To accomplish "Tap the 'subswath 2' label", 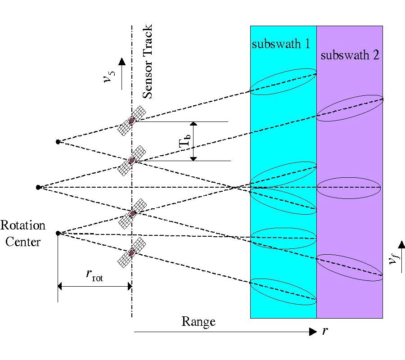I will tap(350, 56).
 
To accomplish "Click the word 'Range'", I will tap(198, 321).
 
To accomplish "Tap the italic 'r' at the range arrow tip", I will tap(325, 332).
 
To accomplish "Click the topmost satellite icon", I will tap(132, 120).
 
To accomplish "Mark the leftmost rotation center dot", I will tap(38, 187).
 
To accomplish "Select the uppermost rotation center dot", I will tap(58, 142).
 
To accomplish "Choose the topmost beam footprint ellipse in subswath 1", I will tap(283, 81).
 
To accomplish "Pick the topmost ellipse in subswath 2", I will tap(350, 108).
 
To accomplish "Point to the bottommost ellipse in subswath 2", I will tap(350, 267).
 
